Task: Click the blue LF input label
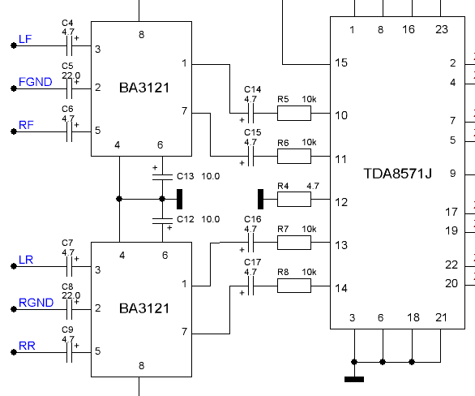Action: point(25,39)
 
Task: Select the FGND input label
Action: point(36,82)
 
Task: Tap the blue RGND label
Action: point(36,303)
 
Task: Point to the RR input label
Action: point(27,346)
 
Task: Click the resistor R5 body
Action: point(294,113)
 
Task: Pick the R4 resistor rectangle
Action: point(294,199)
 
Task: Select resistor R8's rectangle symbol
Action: point(294,286)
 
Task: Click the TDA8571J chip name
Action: point(397,174)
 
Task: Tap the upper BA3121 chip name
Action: point(144,88)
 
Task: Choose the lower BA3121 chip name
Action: point(144,308)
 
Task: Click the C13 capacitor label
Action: point(186,176)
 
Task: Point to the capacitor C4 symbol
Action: point(70,45)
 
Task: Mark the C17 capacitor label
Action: point(253,262)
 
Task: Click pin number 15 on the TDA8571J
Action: point(341,62)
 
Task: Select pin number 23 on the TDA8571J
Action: point(442,29)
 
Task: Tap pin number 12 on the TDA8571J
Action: point(341,202)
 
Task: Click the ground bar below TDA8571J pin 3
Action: point(354,379)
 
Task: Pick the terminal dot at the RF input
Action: point(14,131)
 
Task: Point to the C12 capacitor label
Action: point(186,219)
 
